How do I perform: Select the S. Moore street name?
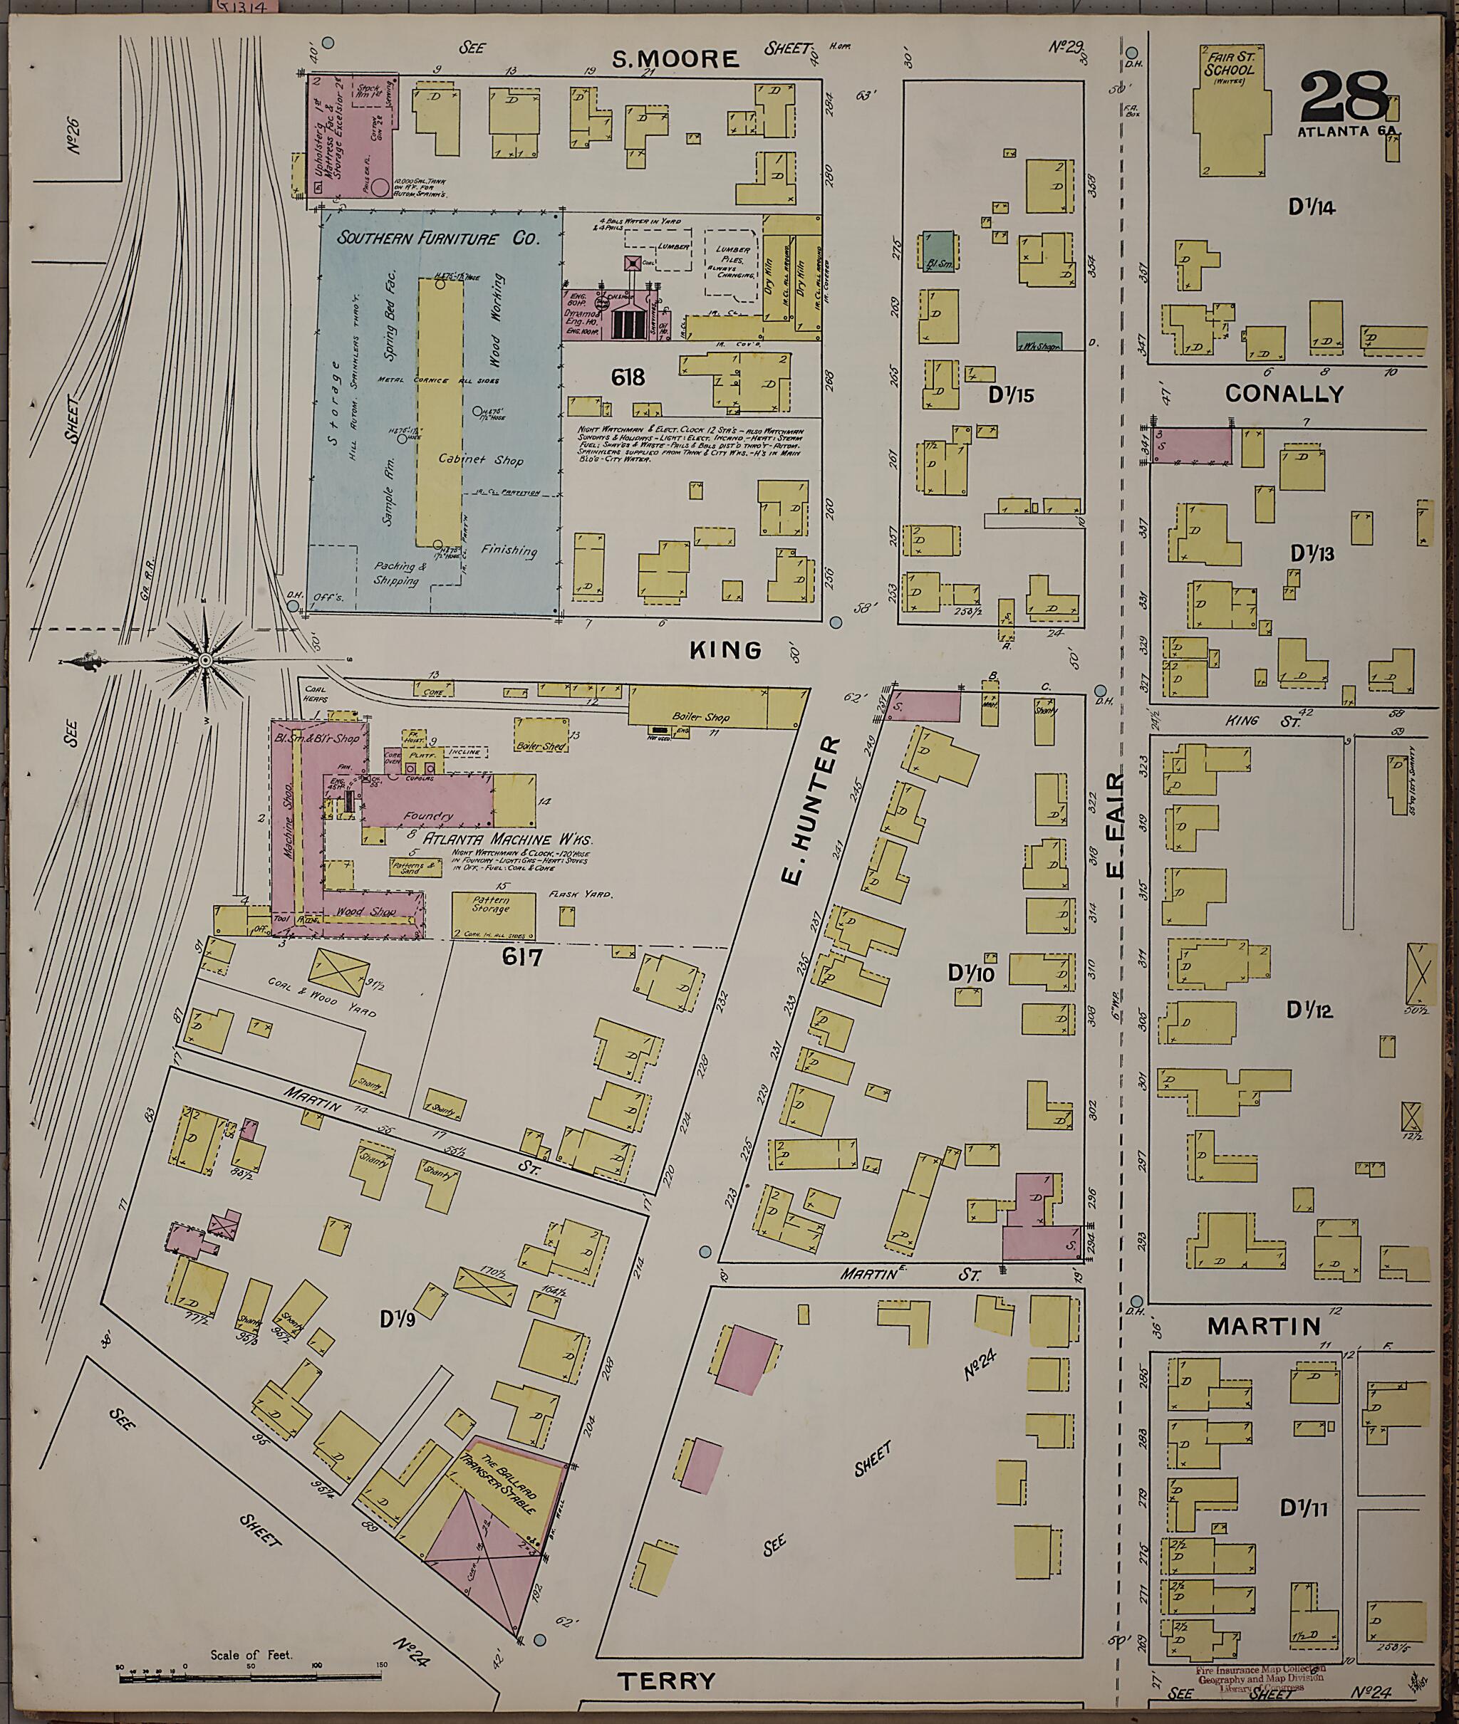pyautogui.click(x=674, y=58)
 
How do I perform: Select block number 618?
pyautogui.click(x=628, y=378)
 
